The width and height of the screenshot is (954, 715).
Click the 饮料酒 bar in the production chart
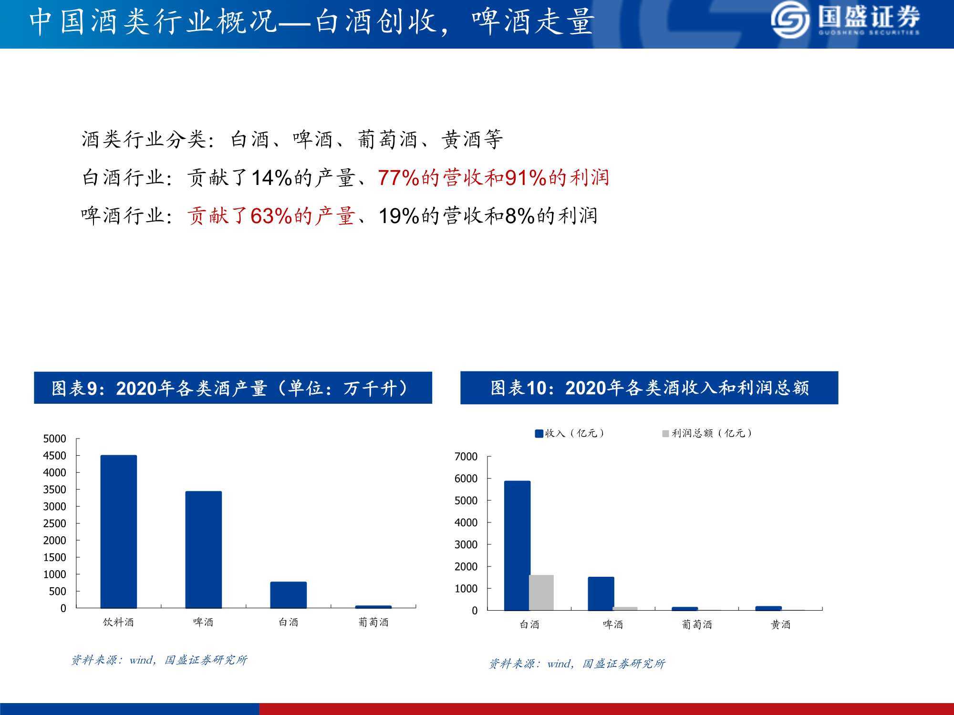pos(118,531)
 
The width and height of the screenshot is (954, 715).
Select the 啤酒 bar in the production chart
pos(204,550)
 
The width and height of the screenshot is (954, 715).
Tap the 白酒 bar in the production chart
pos(289,595)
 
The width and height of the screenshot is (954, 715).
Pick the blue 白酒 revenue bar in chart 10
pos(517,545)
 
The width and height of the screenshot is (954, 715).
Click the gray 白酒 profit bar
pos(541,592)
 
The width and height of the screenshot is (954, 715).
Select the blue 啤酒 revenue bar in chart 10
pos(601,593)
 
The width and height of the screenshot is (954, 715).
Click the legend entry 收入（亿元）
pos(570,433)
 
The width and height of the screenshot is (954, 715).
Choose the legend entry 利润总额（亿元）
pos(707,433)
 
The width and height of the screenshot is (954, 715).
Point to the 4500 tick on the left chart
pos(55,456)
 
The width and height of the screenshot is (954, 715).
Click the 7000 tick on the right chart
pos(466,457)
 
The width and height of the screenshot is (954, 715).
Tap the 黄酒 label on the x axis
pos(780,624)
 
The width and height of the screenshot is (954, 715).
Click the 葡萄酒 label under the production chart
pos(373,622)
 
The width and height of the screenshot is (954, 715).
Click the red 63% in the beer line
pos(271,216)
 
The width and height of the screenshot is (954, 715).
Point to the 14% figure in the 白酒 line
pos(271,178)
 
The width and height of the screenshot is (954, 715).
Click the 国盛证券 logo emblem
pos(790,20)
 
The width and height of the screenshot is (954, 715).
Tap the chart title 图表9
pos(233,388)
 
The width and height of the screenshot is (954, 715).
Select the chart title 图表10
pos(649,388)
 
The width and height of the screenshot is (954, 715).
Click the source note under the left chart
pos(159,660)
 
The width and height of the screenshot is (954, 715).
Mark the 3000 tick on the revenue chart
pos(466,545)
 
